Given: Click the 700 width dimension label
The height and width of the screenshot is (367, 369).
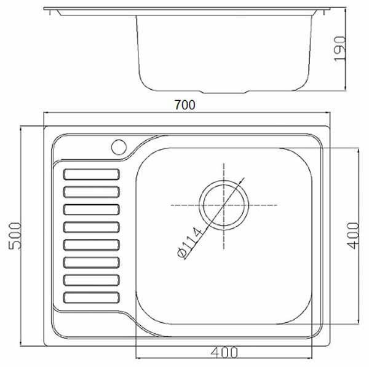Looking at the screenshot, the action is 184,105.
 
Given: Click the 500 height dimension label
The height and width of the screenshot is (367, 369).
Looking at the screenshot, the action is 15,236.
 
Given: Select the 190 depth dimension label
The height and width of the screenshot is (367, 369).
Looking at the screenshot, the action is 340,49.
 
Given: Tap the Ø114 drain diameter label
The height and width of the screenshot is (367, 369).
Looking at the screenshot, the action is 189,243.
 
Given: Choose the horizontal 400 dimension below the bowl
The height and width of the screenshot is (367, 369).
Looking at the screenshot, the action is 224,352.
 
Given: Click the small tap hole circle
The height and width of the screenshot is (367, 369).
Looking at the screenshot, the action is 119,148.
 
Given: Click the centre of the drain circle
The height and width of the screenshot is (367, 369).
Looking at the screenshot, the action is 224,205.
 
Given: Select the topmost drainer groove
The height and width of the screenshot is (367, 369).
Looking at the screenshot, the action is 92,175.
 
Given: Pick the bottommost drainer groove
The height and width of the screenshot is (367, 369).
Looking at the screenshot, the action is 92,298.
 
